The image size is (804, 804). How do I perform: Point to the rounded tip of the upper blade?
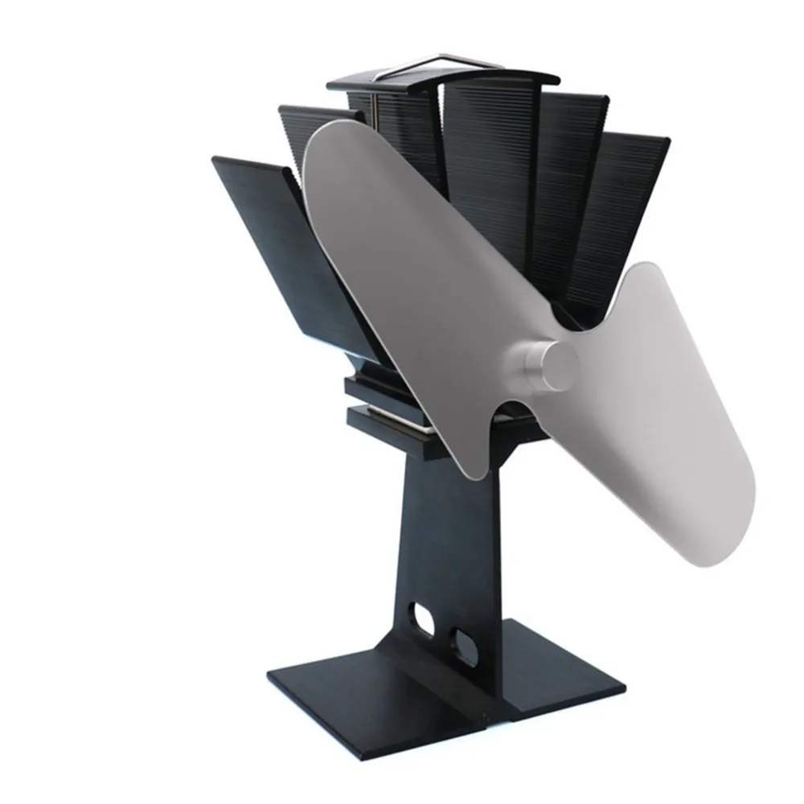click(x=330, y=145)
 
